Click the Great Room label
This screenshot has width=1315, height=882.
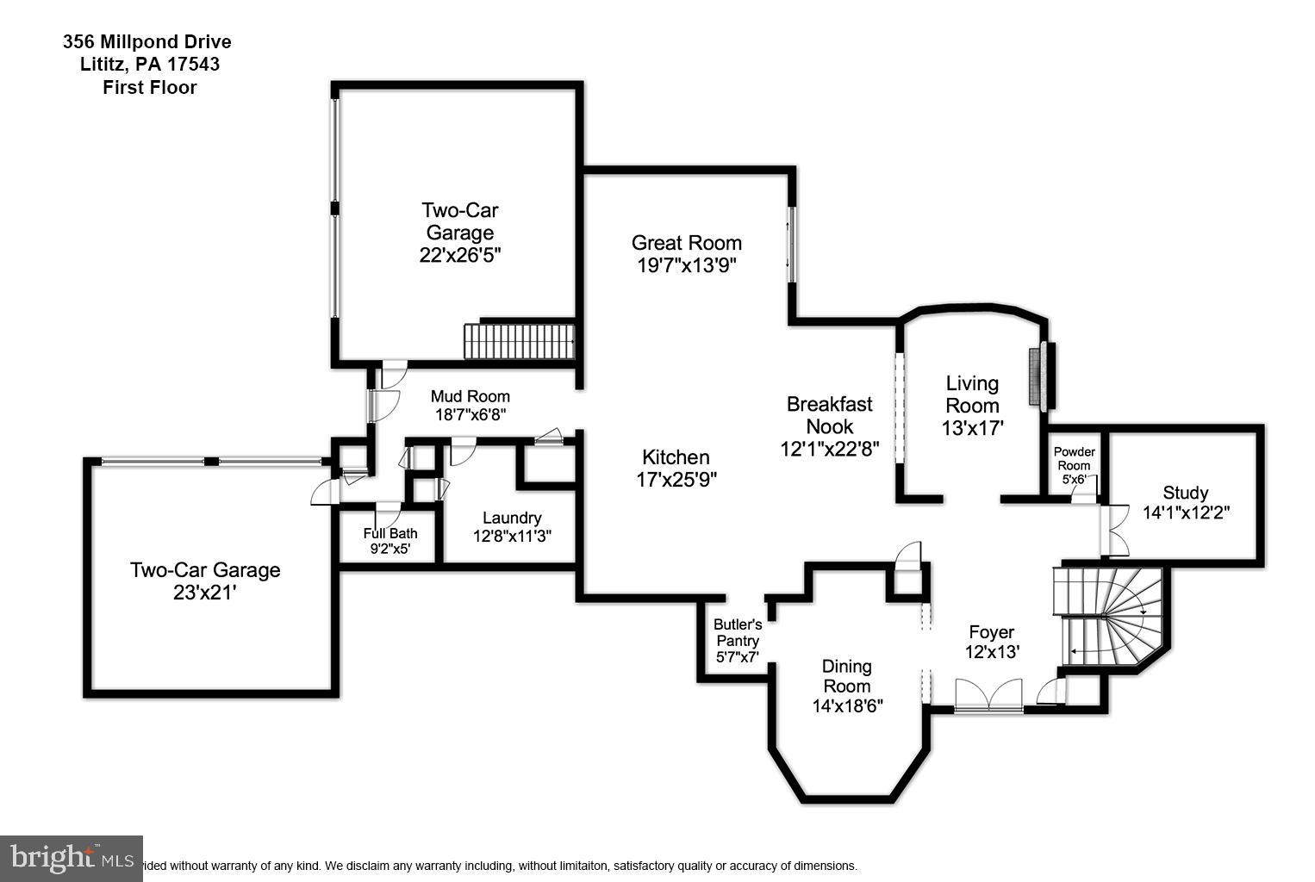click(686, 243)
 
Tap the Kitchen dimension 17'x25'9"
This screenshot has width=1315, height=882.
click(676, 480)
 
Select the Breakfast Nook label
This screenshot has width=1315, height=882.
click(830, 415)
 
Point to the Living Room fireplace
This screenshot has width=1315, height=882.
click(1042, 375)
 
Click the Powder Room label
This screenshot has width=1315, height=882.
click(1075, 458)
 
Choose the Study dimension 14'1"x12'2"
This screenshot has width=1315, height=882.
click(1186, 512)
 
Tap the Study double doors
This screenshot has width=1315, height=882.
click(1114, 531)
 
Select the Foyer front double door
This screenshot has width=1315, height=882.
click(988, 695)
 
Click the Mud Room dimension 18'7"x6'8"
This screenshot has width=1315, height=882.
click(471, 414)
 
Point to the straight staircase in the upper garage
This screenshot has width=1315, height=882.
click(519, 341)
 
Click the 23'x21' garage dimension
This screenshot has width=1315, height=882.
click(204, 593)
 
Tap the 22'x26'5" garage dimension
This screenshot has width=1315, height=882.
click(459, 255)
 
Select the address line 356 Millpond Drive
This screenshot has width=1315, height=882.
click(147, 41)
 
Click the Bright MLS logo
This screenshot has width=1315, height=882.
click(71, 859)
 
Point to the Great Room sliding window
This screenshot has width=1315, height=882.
click(791, 245)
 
